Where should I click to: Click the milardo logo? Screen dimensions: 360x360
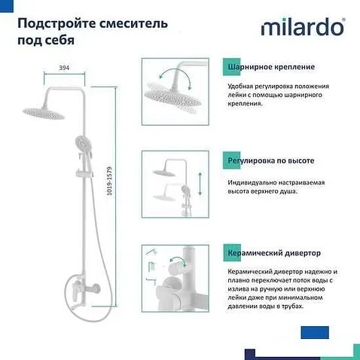303,28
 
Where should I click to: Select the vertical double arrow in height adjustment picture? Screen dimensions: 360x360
199,184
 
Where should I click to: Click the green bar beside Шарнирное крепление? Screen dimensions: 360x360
224,67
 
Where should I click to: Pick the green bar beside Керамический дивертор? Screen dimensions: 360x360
224,254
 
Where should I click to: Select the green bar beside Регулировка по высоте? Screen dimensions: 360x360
224,160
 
